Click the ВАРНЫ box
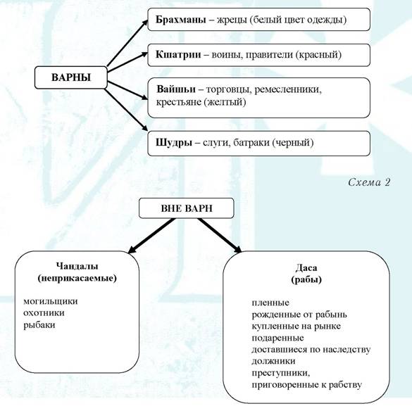click(x=71, y=77)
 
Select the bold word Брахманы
click(x=181, y=20)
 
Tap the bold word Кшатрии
click(x=178, y=55)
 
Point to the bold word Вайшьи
click(x=176, y=89)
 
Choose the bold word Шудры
click(x=174, y=143)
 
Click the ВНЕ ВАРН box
click(x=187, y=208)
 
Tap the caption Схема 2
click(x=369, y=182)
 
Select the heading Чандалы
click(x=77, y=266)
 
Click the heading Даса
click(x=306, y=267)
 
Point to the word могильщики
click(x=51, y=301)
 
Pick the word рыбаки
click(x=39, y=325)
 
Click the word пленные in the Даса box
click(x=270, y=303)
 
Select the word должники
click(x=273, y=361)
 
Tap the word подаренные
click(x=277, y=338)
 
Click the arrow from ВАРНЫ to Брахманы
click(x=127, y=43)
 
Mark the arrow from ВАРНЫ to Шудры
click(x=126, y=110)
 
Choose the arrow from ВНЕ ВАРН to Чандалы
click(x=151, y=236)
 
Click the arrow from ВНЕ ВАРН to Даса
click(x=220, y=236)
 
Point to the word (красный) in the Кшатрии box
click(x=319, y=55)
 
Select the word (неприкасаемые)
click(x=77, y=279)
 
